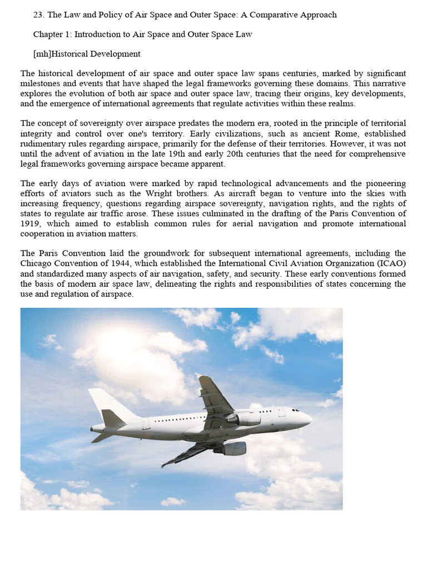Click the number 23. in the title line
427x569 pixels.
(38, 15)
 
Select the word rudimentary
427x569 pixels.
(42, 144)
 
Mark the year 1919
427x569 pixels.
(33, 224)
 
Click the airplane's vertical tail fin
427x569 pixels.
(108, 403)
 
